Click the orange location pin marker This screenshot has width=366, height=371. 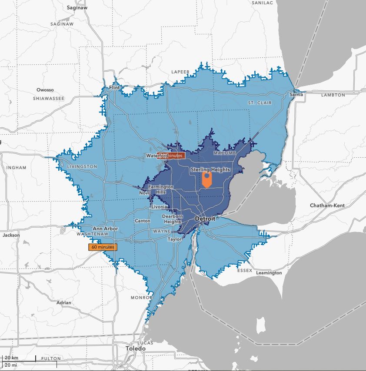point(207,179)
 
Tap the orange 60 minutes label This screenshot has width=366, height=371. point(103,247)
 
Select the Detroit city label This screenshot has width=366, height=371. point(205,219)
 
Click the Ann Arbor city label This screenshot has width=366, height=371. point(105,229)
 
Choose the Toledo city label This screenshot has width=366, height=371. point(136,349)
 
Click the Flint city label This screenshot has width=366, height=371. point(114,88)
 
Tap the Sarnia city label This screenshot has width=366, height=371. point(296,94)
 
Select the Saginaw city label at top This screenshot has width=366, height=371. point(77,8)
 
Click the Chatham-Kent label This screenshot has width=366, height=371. point(328,205)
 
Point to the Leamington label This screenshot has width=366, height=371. point(269,273)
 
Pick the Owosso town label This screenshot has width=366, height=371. point(45,90)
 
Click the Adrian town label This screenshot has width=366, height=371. point(64,302)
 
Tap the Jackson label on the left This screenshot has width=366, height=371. point(11,235)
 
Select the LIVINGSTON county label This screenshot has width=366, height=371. point(82,166)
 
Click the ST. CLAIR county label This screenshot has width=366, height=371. point(260,103)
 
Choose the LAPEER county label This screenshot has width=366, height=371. point(180,72)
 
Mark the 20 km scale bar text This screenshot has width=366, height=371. point(12,358)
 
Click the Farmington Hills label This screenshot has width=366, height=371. point(160,189)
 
